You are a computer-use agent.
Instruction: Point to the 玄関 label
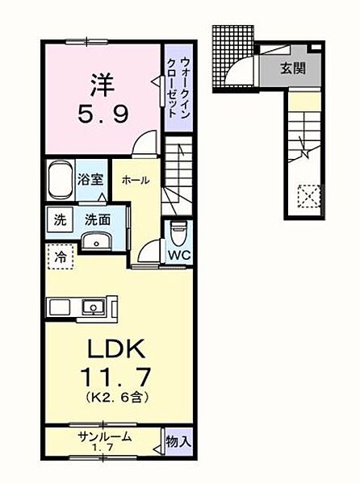tap(293, 69)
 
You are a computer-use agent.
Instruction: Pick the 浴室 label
tap(90, 179)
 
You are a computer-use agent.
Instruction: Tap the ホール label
tap(135, 181)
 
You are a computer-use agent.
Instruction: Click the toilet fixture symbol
tap(179, 229)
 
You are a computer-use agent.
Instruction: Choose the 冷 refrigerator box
tap(61, 258)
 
